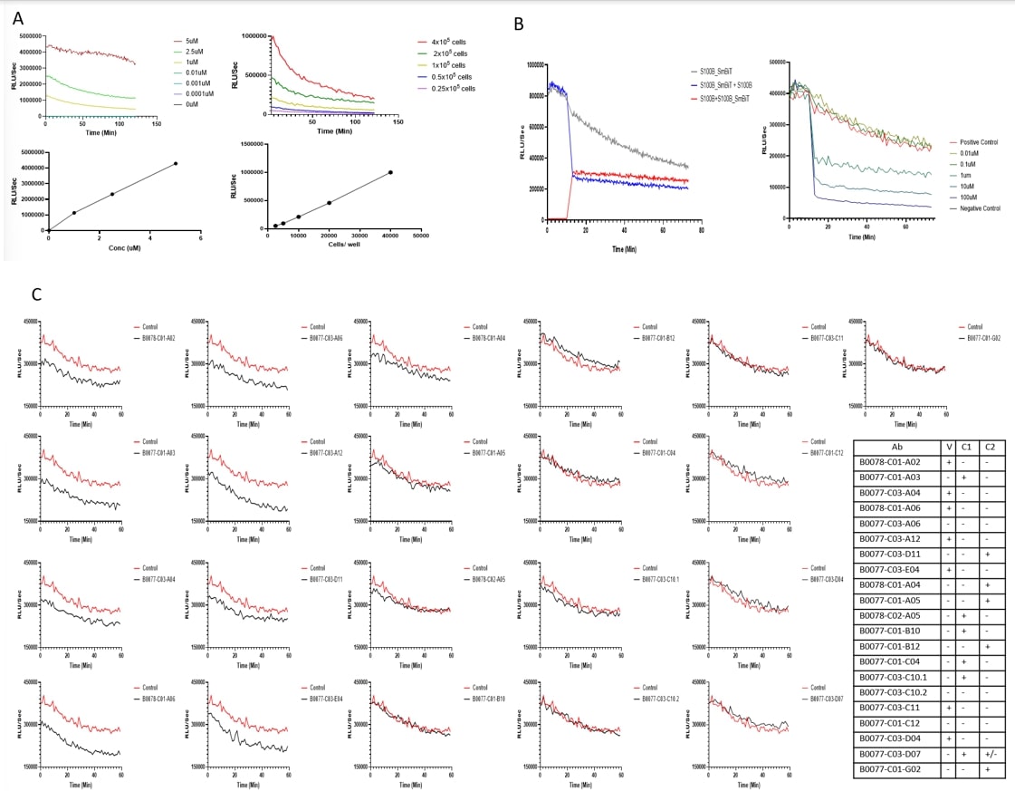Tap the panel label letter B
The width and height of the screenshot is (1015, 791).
[519, 25]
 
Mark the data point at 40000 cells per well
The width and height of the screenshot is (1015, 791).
[390, 172]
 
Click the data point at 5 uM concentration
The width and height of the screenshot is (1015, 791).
[175, 164]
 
